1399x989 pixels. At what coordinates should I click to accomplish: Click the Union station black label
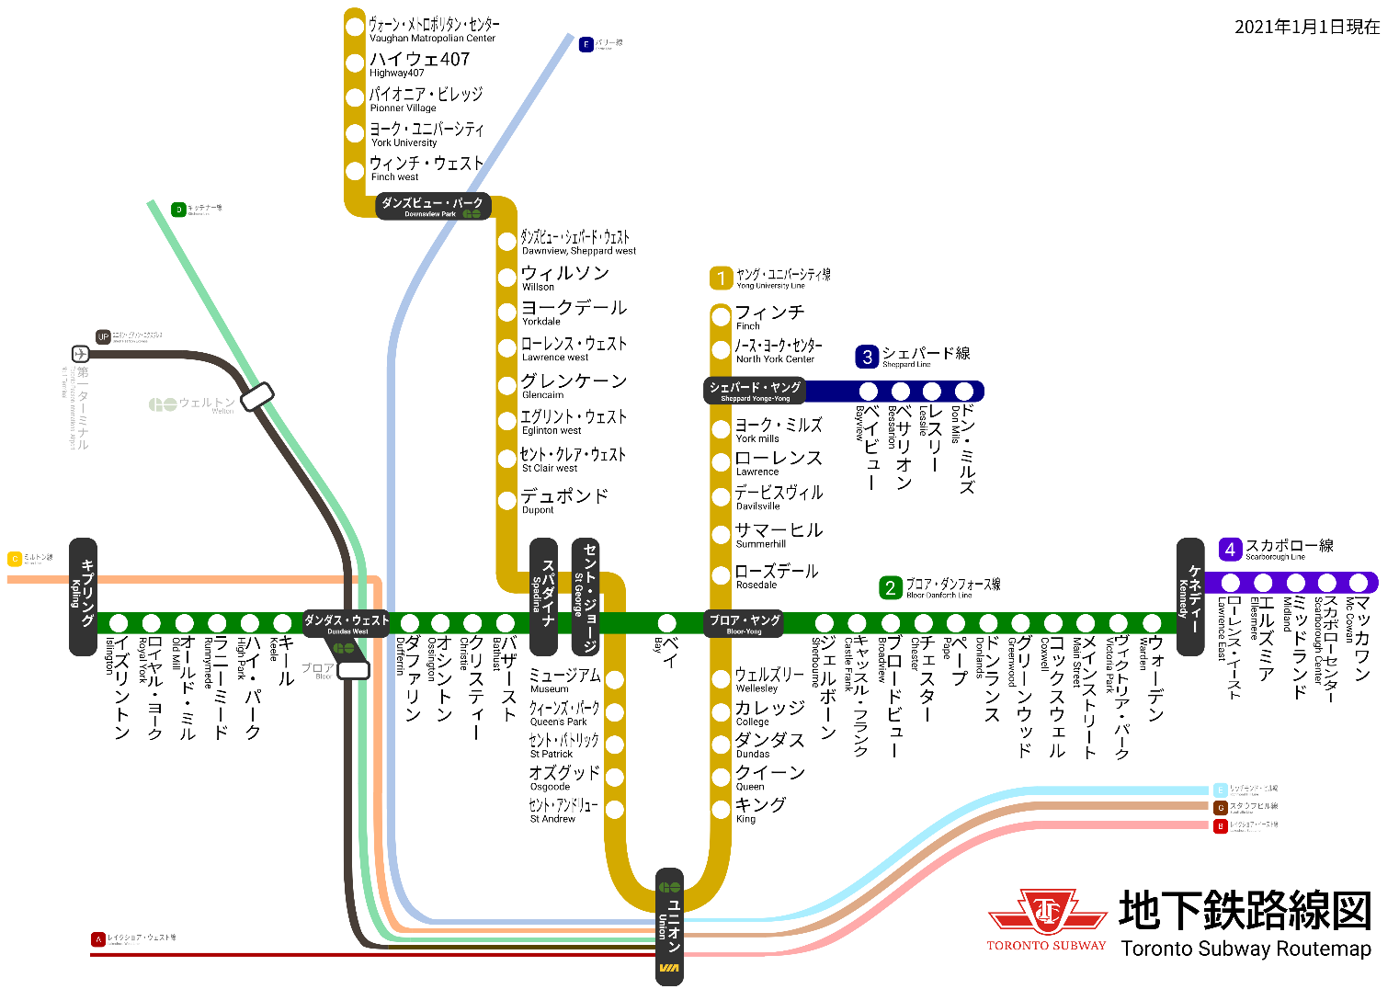click(670, 926)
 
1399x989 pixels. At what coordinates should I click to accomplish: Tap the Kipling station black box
click(84, 597)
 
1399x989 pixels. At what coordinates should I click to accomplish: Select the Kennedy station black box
click(1190, 597)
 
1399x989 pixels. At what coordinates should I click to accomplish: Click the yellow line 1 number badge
click(721, 278)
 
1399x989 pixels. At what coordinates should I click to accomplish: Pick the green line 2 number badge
click(890, 588)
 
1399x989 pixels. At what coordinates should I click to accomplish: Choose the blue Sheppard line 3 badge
click(867, 357)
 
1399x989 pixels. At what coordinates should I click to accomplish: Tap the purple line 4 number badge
click(1230, 550)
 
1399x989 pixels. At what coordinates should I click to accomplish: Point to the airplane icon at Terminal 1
click(81, 354)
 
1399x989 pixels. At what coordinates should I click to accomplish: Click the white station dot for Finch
click(721, 317)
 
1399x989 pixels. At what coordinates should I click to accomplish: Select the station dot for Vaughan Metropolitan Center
click(355, 28)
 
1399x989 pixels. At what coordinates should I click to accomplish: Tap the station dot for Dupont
click(506, 501)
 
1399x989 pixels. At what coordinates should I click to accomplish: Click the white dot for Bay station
click(667, 623)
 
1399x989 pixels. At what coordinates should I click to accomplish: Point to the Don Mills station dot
click(963, 392)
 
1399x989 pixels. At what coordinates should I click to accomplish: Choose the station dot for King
click(721, 809)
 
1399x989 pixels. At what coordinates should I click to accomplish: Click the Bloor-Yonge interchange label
click(744, 623)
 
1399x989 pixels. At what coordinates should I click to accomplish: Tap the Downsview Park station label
click(432, 207)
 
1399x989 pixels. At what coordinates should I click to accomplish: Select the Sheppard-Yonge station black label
click(755, 391)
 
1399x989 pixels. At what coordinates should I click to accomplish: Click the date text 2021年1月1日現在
click(1306, 28)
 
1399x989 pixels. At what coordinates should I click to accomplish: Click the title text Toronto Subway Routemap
click(1245, 949)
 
